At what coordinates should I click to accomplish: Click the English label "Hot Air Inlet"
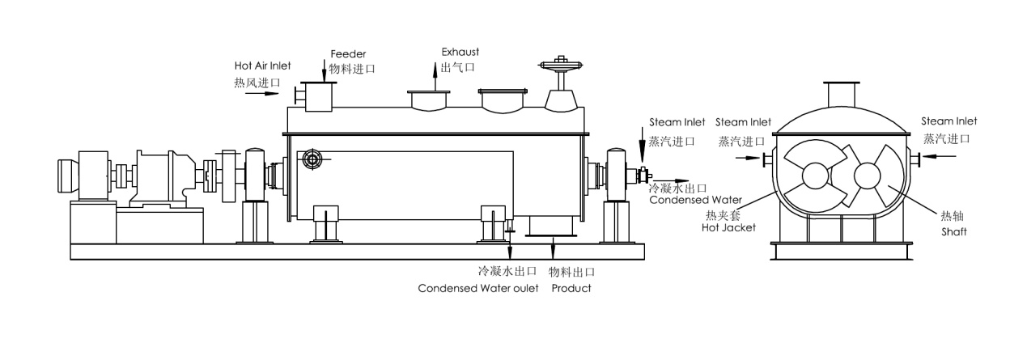(x=261, y=66)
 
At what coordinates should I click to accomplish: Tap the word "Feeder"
(x=343, y=53)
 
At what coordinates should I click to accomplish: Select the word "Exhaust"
(x=456, y=52)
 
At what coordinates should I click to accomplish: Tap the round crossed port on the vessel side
(x=312, y=160)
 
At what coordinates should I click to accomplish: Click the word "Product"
(x=571, y=288)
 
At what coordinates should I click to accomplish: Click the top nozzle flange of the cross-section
(x=842, y=83)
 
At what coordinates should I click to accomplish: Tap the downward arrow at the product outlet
(x=553, y=248)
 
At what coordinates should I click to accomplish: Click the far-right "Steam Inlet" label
(x=948, y=121)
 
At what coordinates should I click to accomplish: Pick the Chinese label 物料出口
(x=571, y=272)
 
